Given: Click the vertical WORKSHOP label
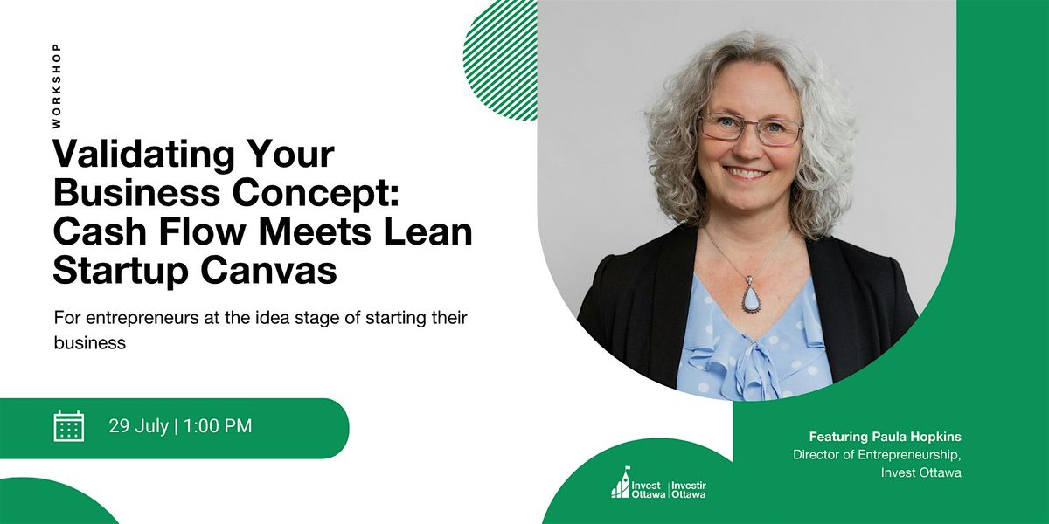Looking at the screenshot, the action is coord(57,86).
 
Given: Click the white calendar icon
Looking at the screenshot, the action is coord(69,426).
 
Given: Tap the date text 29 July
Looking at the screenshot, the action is coord(139,426).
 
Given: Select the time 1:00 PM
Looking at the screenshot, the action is coord(218,426).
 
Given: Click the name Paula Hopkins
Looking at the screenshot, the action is coord(916,437).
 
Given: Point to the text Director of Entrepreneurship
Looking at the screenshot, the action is coord(877,455).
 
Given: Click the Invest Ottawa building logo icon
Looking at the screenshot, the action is coord(621,482).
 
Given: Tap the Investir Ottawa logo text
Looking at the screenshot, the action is coord(689,490).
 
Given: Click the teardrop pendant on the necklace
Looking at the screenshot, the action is coord(750,297).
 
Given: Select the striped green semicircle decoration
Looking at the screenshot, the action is coord(500,60).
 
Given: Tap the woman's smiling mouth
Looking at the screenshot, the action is coord(748,174).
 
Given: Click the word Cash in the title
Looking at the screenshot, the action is coord(101,231).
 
